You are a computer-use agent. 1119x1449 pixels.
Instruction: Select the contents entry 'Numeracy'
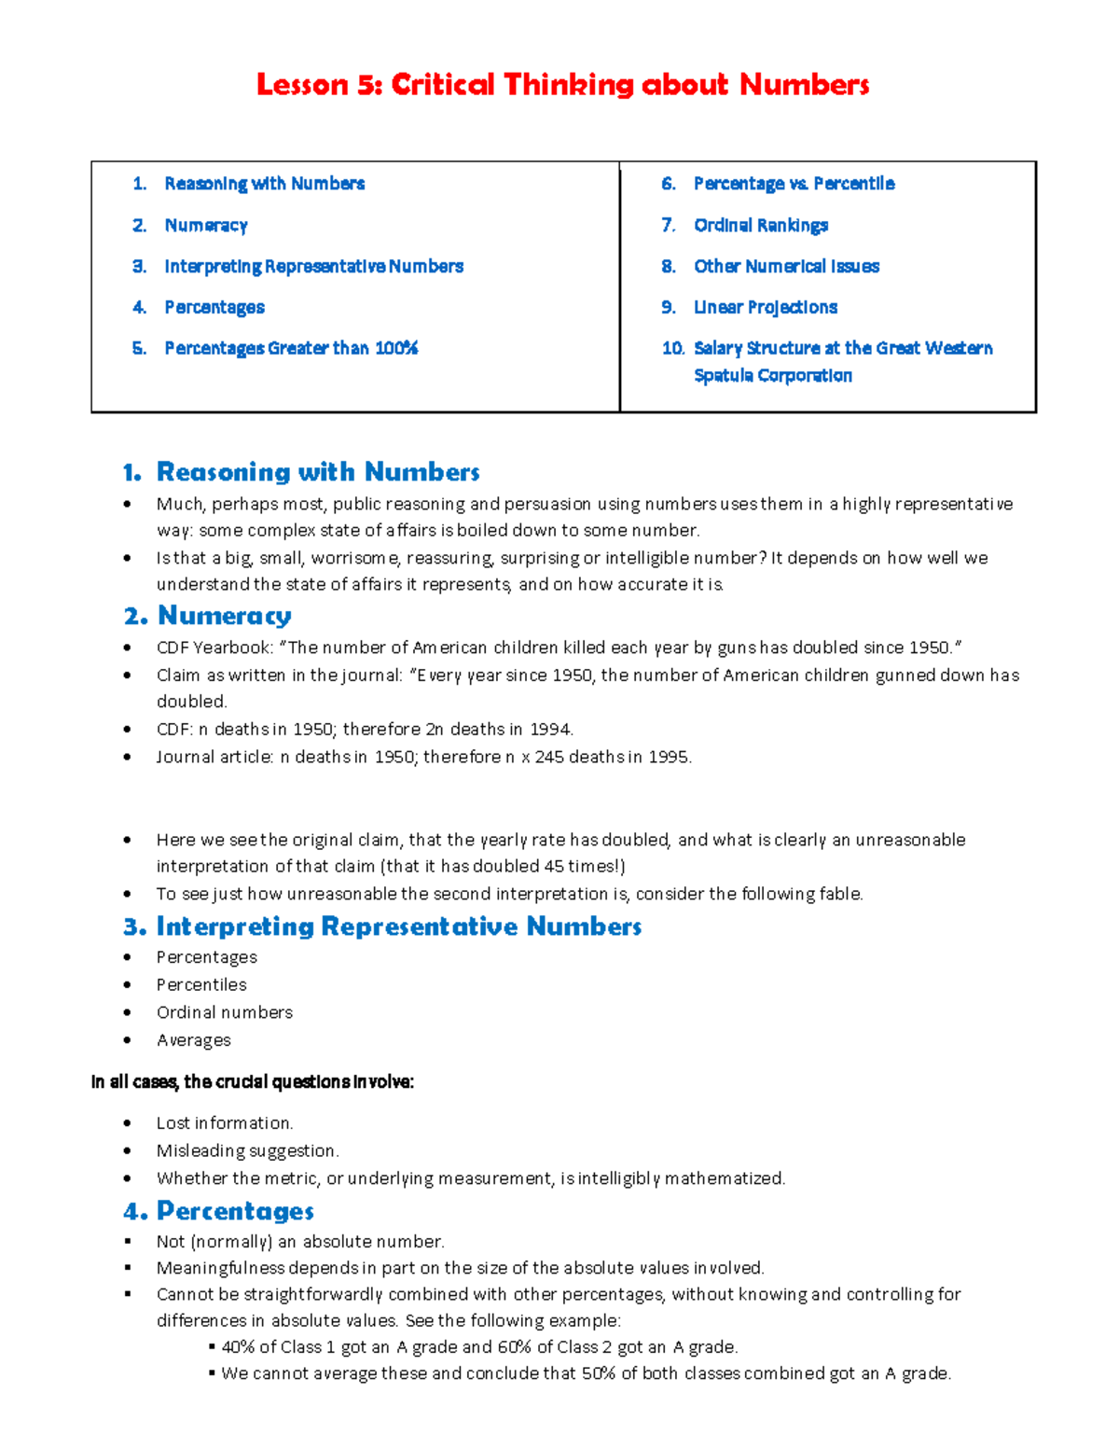206,225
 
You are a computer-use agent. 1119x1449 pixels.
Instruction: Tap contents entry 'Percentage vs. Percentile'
794,184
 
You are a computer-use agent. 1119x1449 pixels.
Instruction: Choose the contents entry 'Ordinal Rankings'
761,225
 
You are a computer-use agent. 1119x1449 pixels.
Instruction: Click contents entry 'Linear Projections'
766,307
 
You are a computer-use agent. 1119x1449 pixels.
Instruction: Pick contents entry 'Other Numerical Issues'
786,266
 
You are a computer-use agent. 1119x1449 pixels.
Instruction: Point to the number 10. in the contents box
672,348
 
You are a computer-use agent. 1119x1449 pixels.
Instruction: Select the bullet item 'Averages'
193,1040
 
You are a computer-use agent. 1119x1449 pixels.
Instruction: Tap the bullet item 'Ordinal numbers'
224,1012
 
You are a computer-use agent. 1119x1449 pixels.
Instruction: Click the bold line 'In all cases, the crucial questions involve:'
253,1082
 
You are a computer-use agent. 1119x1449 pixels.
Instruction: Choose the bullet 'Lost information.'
224,1123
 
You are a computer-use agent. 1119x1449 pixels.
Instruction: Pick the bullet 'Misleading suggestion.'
247,1150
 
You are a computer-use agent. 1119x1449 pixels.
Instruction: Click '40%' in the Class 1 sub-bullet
238,1347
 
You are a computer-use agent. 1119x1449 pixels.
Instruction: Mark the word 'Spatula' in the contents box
723,375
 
